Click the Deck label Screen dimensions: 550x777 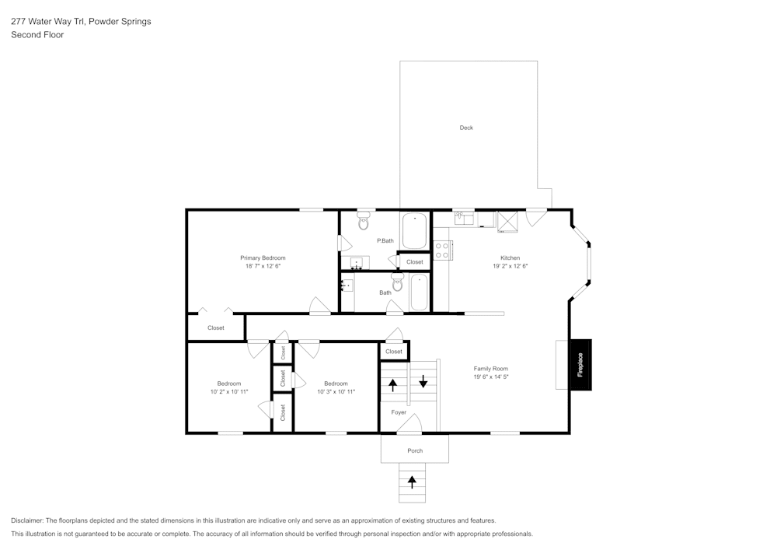tap(466, 128)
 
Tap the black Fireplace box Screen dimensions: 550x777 tap(580, 365)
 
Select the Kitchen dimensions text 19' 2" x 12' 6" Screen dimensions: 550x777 tap(510, 266)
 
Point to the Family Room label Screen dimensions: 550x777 tap(490, 369)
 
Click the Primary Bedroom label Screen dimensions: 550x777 tap(263, 257)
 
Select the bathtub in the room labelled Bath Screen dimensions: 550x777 tap(419, 293)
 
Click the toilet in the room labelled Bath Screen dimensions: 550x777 tap(398, 283)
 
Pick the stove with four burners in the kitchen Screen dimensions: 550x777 tap(443, 250)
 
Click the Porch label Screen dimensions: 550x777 tap(415, 450)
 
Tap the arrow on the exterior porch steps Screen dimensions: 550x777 tap(412, 482)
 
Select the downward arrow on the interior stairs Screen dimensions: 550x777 tap(423, 382)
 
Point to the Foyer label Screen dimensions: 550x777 tap(399, 412)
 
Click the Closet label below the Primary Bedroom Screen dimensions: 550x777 tap(215, 328)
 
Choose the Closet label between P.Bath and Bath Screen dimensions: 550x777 tap(415, 262)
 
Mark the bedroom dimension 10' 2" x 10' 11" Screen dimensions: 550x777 tap(228, 391)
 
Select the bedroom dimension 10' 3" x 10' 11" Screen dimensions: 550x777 tap(336, 391)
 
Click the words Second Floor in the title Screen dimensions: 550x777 tap(37, 35)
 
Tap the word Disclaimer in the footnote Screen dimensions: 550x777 tap(27, 520)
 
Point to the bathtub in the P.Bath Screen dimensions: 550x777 tap(414, 230)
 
